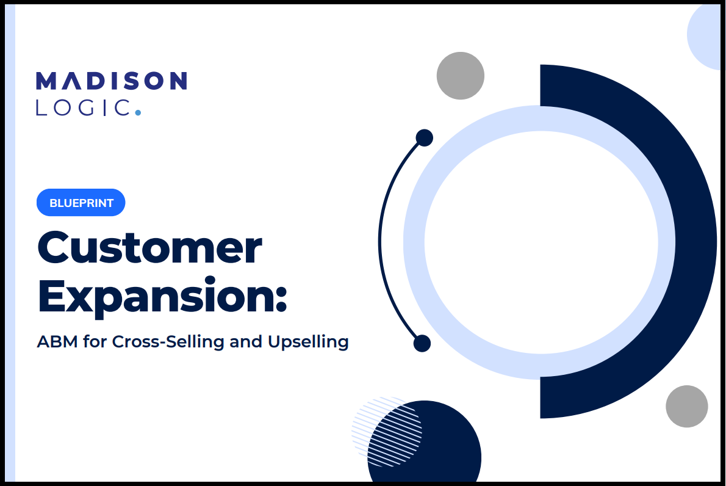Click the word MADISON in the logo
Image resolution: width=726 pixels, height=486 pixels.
112,81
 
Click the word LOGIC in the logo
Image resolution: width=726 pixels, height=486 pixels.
83,107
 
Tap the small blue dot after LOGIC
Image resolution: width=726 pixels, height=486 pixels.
137,112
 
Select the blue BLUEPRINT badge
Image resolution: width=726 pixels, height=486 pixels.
81,203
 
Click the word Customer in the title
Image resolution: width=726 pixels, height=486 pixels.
149,248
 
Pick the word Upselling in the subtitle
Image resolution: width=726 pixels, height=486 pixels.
308,342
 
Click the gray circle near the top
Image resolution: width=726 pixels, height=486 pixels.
460,76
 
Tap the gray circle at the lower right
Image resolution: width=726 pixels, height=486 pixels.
686,406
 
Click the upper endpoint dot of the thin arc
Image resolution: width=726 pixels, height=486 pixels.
424,137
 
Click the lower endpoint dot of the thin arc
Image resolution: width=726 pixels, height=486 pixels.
422,343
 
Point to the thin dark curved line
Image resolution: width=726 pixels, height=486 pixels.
379,241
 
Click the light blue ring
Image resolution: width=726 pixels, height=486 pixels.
414,242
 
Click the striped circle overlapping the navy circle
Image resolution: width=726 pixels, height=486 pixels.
387,431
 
